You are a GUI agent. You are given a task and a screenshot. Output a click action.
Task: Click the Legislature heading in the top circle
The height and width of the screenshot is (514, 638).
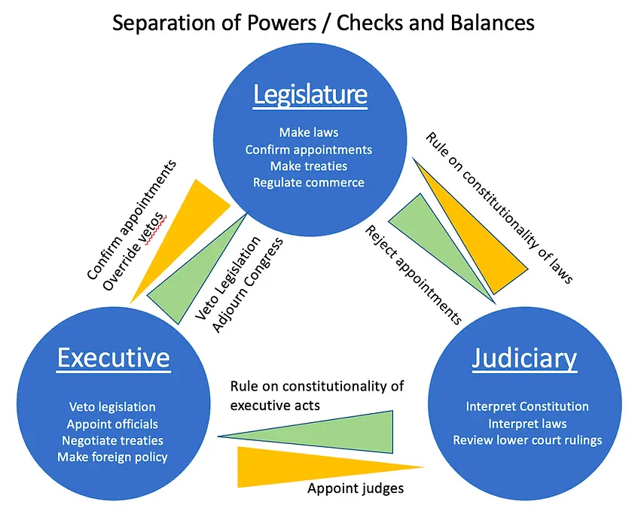coord(310,96)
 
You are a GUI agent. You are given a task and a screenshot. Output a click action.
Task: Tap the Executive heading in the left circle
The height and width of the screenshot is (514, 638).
coord(114,357)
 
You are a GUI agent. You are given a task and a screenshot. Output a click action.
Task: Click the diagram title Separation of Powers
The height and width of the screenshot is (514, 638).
coord(323,23)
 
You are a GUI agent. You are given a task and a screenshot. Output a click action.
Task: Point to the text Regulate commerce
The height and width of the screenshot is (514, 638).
coord(309,182)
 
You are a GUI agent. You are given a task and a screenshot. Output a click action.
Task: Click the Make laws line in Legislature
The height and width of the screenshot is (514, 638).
coord(309,132)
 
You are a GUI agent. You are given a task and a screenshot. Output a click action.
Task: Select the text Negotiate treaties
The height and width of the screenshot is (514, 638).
coord(111,440)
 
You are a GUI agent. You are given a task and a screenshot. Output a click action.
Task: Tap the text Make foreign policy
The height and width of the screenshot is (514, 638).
coord(111,457)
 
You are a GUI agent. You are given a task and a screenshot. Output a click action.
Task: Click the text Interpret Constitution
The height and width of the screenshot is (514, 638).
coord(527,406)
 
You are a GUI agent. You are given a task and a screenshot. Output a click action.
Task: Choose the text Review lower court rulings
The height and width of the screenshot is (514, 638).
coord(527,439)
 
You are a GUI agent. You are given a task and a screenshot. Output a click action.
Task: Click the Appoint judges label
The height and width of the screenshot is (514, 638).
coord(356,488)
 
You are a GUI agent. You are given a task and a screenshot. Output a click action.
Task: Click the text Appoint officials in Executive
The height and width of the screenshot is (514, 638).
coord(112,424)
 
